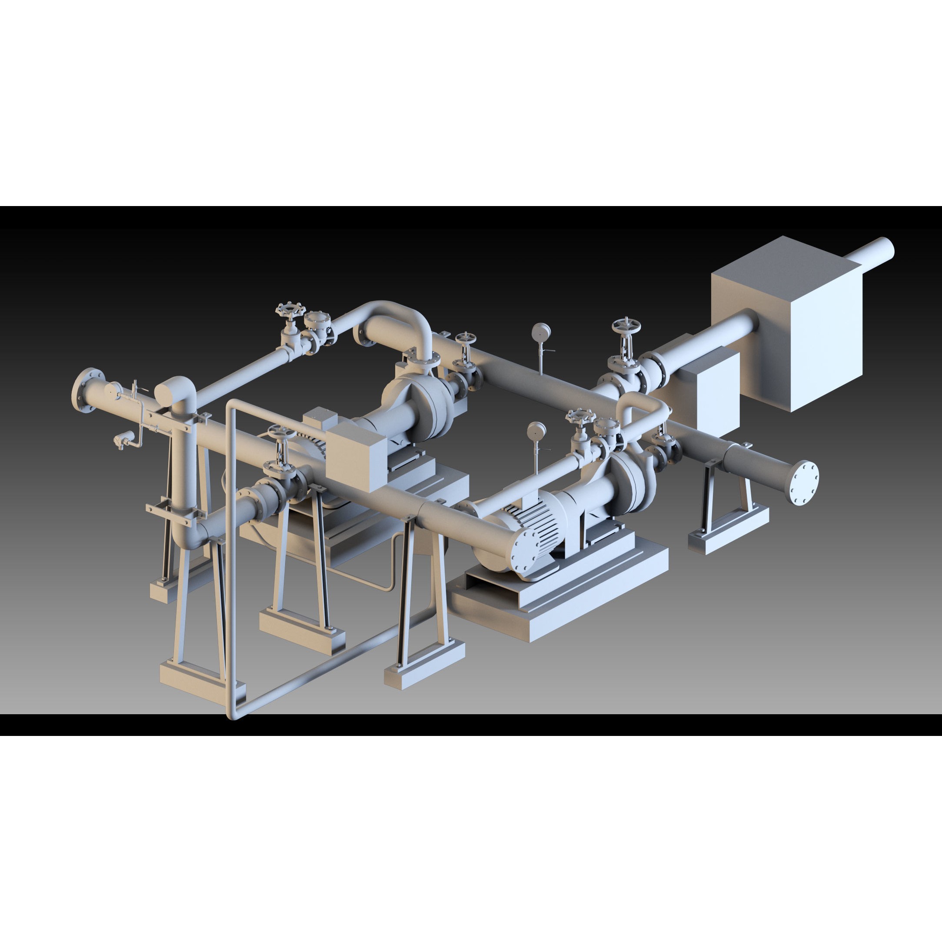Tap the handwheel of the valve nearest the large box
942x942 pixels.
[626, 325]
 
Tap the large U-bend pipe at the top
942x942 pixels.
[395, 322]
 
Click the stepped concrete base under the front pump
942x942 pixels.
[561, 605]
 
